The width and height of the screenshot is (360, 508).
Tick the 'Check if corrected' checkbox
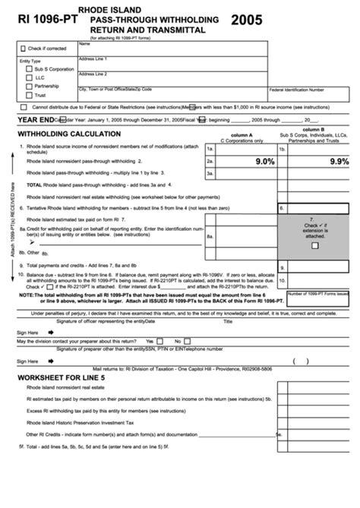[x=22, y=48]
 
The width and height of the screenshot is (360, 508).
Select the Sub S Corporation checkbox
[x=30, y=68]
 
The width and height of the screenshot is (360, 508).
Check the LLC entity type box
[x=30, y=77]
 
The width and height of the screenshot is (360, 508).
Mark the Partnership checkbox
[x=30, y=87]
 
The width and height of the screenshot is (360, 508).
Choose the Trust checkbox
[x=30, y=96]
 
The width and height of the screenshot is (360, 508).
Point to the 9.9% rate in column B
[x=339, y=162]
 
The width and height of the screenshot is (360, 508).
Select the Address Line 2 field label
[x=93, y=74]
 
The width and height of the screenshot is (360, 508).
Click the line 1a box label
[x=210, y=150]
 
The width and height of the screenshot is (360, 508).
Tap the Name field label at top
[x=84, y=43]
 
